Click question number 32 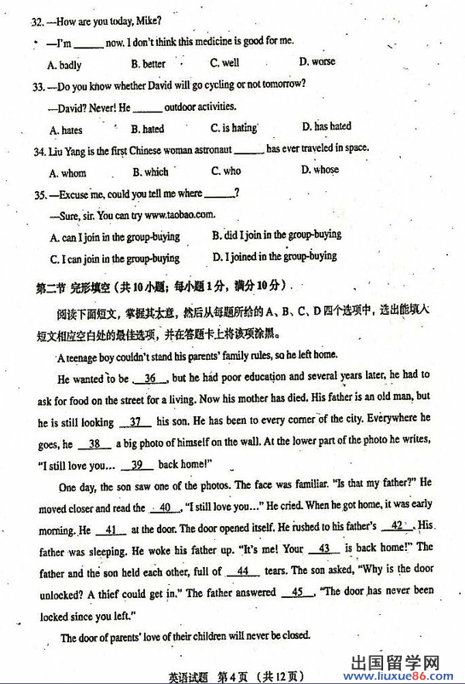36,20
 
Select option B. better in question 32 148,64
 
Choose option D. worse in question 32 317,61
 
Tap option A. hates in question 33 66,130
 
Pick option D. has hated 326,126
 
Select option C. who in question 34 226,171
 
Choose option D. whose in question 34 320,170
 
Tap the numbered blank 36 150,379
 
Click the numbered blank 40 165,507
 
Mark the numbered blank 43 323,548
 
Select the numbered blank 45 297,591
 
